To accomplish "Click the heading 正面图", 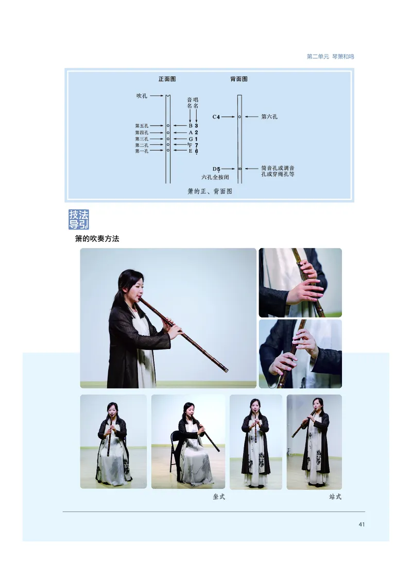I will [167, 79].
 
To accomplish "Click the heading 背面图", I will [239, 79].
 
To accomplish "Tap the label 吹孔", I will [142, 96].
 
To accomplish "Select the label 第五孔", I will [142, 126].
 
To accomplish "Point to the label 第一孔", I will [142, 151].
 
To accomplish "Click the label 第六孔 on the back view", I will [269, 117].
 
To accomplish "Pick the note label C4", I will [216, 118].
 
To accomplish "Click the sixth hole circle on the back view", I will [239, 117].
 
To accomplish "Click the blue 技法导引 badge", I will [79, 220].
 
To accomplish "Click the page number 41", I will [362, 525].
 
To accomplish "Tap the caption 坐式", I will [219, 497].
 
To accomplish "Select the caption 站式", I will [335, 497].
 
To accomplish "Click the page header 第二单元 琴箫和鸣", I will [330, 57].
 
